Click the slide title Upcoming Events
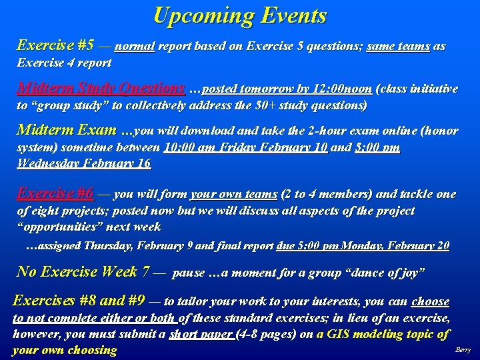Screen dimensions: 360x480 pos(240,15)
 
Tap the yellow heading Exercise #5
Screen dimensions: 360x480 pos(55,46)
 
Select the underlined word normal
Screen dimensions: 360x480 pos(135,47)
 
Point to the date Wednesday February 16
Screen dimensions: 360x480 pos(84,163)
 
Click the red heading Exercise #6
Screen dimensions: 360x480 pos(55,194)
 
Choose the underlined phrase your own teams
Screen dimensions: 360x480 pos(233,195)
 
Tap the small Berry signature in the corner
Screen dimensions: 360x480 pos(463,350)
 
